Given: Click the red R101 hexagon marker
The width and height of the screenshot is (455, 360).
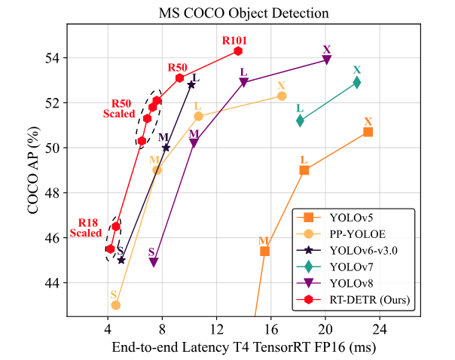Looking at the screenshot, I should [238, 50].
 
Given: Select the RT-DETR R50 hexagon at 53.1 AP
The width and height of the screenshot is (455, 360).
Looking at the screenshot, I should [180, 78].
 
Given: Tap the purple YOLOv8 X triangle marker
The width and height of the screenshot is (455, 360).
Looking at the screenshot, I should [327, 60].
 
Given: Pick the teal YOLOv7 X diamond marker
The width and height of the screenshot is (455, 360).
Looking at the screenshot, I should [357, 82].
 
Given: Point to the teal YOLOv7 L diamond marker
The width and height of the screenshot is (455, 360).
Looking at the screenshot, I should [301, 120].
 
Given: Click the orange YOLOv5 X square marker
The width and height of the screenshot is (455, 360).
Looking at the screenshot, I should [368, 132].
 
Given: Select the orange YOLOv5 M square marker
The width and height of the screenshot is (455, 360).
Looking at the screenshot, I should [265, 251].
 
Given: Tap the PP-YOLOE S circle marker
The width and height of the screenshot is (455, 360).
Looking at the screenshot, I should [116, 305].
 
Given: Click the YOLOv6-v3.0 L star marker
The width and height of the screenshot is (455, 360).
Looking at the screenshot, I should [191, 84].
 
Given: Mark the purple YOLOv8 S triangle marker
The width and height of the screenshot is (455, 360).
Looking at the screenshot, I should [154, 262].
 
